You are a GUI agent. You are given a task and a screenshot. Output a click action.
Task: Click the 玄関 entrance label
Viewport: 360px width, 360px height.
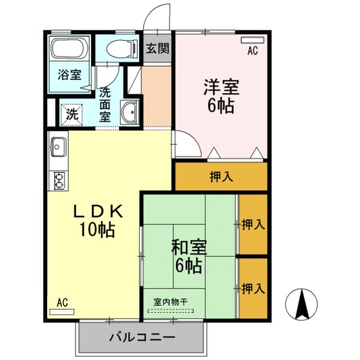point(158,48)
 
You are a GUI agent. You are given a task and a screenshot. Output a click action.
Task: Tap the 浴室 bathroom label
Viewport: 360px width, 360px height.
point(68,76)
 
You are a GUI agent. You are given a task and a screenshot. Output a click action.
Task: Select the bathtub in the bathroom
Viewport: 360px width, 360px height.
point(70,48)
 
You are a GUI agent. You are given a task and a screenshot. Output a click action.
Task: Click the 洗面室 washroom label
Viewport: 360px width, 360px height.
point(105,104)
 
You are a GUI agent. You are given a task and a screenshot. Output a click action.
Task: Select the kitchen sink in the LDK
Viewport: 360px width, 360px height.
point(58,147)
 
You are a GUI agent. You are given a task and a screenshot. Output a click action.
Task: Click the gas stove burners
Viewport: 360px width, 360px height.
point(58,180)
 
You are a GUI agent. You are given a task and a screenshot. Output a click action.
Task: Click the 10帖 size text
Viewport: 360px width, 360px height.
point(97,230)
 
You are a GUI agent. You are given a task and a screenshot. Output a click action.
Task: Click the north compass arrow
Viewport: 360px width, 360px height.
point(304,303)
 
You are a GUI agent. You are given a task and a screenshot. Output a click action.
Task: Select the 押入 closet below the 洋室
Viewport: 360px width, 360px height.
point(220,176)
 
